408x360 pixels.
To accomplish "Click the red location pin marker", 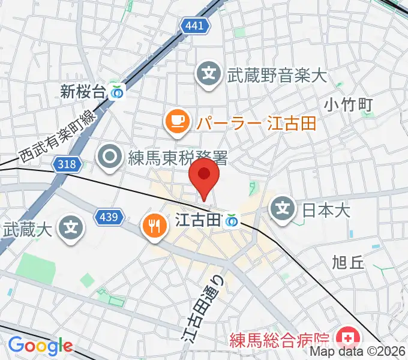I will (x=204, y=176).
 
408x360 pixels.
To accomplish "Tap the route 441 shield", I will (x=195, y=26).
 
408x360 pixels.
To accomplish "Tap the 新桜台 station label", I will (x=83, y=91).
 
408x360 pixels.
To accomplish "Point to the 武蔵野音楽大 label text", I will (x=276, y=76).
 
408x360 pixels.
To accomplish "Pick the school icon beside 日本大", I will (x=284, y=209).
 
